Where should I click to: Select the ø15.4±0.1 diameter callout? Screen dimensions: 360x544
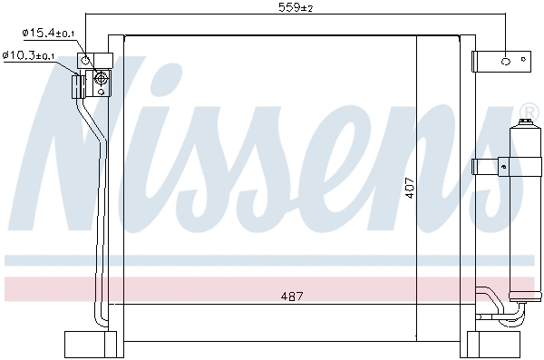coord(49,34)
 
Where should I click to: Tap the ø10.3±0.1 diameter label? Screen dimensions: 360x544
coord(30,55)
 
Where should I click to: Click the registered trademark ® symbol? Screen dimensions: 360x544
coord(528,114)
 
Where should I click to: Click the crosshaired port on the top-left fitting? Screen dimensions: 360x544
coord(100,83)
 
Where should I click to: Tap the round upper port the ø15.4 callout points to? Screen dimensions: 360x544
coord(86,61)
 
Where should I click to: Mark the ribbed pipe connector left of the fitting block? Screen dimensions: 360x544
coord(78,85)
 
